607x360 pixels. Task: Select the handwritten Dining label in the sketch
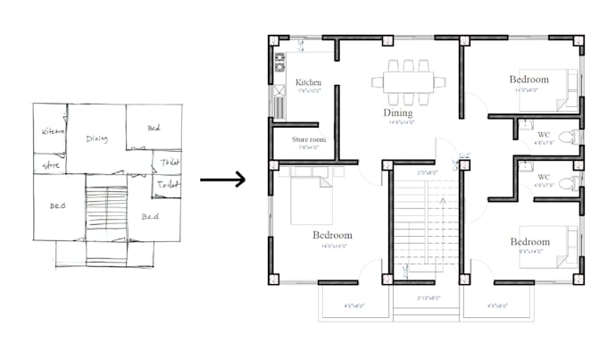(x=96, y=138)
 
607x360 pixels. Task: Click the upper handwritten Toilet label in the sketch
(x=169, y=162)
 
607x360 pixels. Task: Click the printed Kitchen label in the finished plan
(x=309, y=82)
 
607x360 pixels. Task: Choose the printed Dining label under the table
(x=398, y=113)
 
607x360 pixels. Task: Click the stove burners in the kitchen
(x=279, y=63)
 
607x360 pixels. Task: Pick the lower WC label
(x=544, y=177)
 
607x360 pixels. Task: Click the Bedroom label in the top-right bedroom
(x=530, y=80)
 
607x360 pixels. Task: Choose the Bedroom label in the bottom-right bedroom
(x=530, y=242)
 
